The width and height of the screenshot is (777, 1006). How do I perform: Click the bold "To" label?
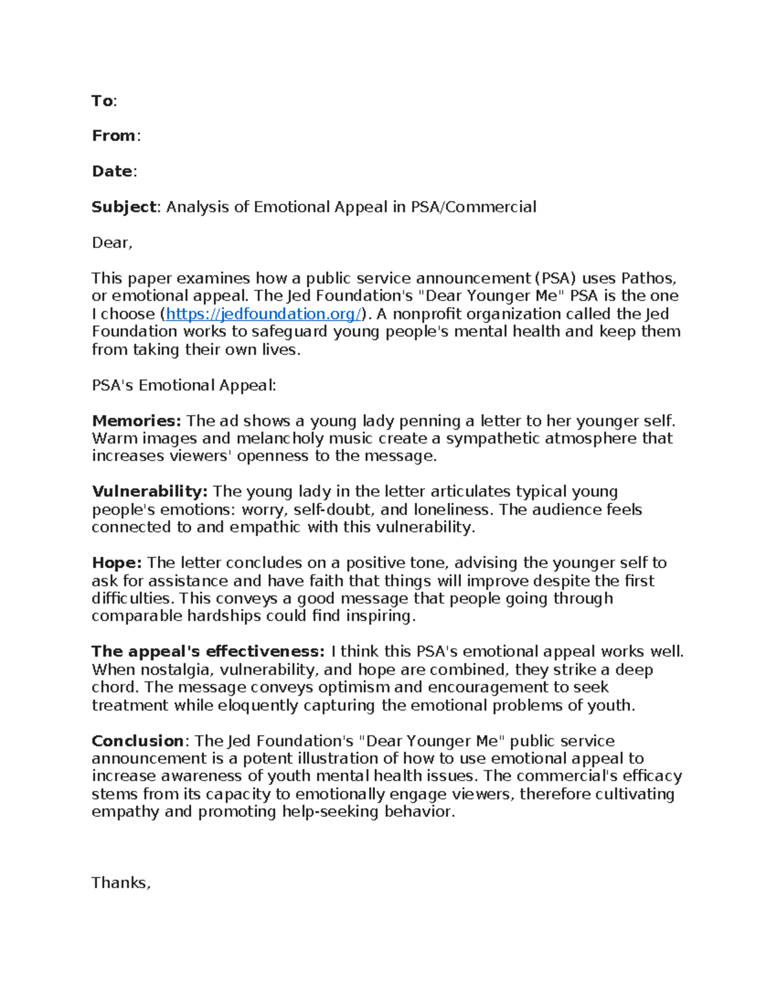tap(102, 100)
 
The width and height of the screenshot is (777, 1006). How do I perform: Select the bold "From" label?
tap(114, 135)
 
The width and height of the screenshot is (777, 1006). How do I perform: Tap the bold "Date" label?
tap(112, 171)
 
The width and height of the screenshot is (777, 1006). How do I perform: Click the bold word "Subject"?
tap(124, 207)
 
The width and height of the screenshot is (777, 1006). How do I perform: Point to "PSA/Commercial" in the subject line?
tap(473, 207)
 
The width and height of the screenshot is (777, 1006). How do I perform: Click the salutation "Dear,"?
tap(112, 242)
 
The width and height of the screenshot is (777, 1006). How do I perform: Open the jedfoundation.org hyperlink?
tap(264, 314)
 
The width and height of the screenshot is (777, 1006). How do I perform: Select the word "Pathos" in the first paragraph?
tap(648, 279)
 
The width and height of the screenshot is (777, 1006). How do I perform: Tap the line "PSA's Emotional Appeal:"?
tap(184, 385)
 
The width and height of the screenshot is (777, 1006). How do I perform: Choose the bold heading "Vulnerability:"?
tap(150, 492)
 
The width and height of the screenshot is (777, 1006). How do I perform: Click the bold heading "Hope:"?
tap(117, 563)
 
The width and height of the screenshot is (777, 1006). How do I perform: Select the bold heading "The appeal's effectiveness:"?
tap(208, 652)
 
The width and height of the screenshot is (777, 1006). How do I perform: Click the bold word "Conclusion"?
tap(138, 741)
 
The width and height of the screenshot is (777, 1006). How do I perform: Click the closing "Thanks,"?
tap(121, 883)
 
